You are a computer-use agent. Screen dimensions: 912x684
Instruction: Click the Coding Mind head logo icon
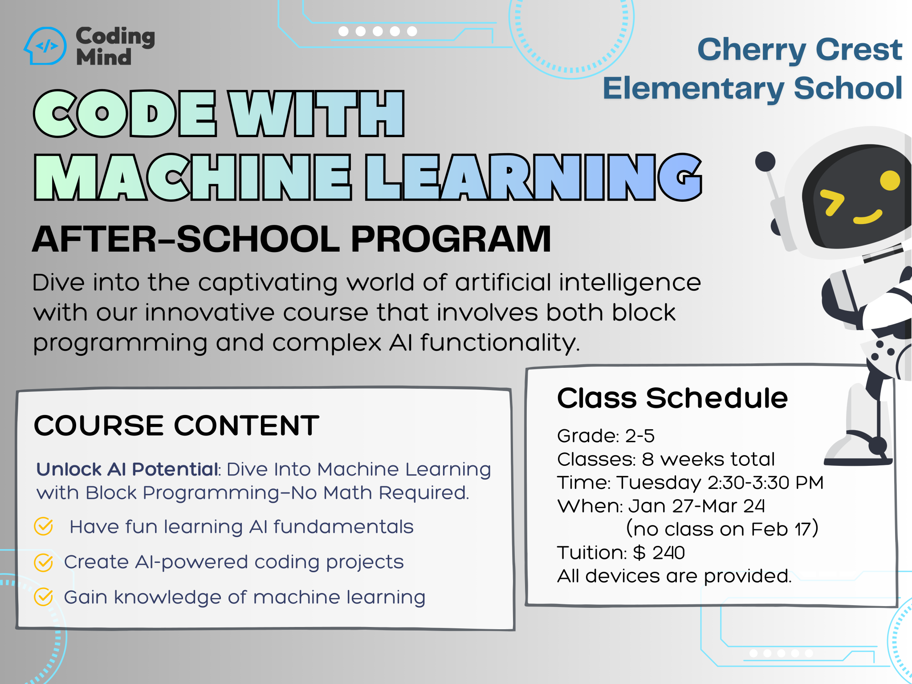[45, 46]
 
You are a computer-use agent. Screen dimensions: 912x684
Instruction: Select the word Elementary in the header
[693, 89]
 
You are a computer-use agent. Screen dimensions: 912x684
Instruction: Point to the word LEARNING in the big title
[533, 177]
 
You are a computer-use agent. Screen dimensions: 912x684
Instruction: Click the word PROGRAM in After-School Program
[451, 239]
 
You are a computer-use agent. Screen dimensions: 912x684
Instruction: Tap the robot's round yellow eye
[890, 180]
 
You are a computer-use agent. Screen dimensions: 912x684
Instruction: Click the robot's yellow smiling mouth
[868, 217]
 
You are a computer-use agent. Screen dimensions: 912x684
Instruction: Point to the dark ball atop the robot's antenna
[765, 161]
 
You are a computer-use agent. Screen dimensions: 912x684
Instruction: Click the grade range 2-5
[640, 436]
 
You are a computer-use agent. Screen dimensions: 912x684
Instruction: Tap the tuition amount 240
[668, 553]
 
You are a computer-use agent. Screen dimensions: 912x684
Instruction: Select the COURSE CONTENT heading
[177, 425]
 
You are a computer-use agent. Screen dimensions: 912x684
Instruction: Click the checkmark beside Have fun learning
[44, 526]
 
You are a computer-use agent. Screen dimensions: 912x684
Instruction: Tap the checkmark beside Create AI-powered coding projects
[44, 562]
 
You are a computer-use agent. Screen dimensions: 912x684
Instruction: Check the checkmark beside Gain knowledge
[44, 597]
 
